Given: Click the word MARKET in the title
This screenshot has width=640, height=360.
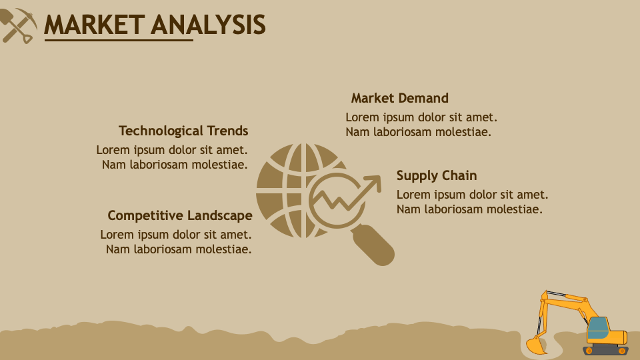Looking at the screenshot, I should click(x=93, y=25).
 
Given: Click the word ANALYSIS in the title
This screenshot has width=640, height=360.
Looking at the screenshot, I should click(x=208, y=25).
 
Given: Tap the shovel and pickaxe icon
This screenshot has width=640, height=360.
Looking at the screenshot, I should click(x=18, y=25).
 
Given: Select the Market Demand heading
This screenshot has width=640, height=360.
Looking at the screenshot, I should click(x=399, y=98).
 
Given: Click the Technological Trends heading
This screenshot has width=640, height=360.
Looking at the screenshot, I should click(x=183, y=131).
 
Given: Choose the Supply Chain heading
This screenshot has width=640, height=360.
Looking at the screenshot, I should click(x=437, y=175).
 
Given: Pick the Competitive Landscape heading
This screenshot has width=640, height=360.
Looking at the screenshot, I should click(x=180, y=215).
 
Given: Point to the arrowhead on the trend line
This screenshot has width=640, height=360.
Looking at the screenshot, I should click(x=375, y=181).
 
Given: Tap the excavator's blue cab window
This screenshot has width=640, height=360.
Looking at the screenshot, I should click(x=598, y=325).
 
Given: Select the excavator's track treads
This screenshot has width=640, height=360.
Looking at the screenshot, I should click(x=605, y=350).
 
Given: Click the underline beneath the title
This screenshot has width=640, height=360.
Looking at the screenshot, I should click(x=119, y=40).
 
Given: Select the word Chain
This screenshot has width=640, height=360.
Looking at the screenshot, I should click(x=459, y=175).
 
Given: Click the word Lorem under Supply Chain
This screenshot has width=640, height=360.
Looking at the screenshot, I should click(x=413, y=195).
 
